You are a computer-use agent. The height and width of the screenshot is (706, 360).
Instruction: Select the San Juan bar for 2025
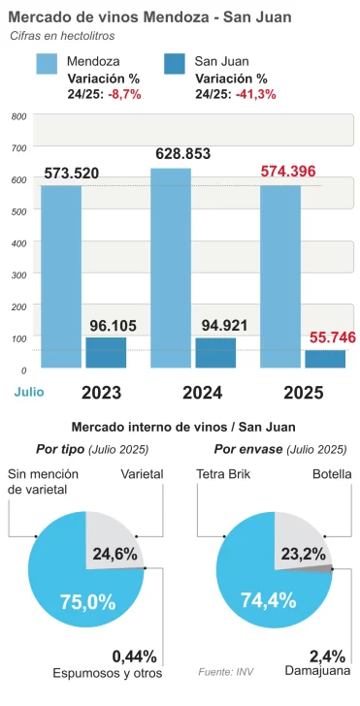(325, 359)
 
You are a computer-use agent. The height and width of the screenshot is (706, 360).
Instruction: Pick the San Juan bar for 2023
(106, 352)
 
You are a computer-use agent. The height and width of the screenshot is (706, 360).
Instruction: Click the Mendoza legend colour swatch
(48, 63)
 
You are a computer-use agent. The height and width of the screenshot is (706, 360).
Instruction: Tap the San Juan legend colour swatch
(176, 63)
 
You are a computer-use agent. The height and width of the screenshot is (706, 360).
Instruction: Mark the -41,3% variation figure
(256, 94)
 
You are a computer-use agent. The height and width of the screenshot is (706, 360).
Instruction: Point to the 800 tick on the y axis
(18, 116)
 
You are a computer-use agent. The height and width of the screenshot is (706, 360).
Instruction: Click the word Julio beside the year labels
(29, 392)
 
